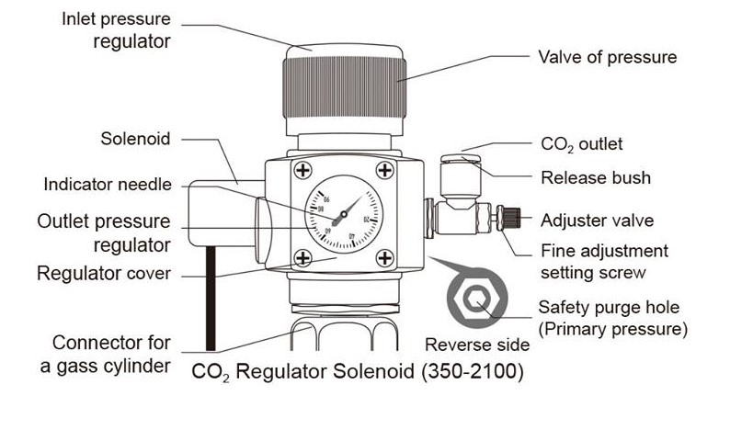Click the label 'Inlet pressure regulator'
[x=117, y=29]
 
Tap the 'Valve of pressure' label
[x=607, y=57]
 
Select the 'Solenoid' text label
[x=135, y=139]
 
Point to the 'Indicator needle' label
[x=108, y=185]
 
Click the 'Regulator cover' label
[x=104, y=274]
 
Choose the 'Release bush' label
[x=595, y=178]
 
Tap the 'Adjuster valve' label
[x=597, y=220]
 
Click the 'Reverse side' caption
[x=477, y=345]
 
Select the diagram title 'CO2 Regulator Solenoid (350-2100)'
[x=358, y=374]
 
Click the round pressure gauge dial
[x=342, y=215]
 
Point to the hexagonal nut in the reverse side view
[x=476, y=300]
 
